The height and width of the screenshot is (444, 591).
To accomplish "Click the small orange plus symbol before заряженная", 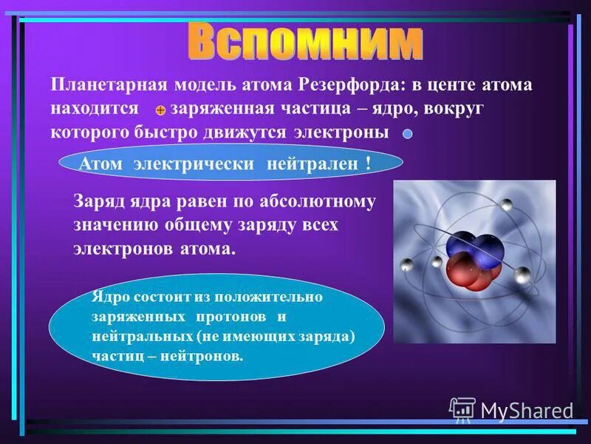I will point(160,110).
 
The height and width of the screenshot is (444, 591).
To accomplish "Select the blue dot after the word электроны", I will point(407,135).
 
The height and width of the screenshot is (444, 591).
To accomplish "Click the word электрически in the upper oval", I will point(194,164).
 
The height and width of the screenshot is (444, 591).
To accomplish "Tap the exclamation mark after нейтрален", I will point(367,164).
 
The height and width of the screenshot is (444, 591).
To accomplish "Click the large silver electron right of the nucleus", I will point(522,273).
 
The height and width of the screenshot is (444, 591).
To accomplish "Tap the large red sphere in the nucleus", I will point(461,271).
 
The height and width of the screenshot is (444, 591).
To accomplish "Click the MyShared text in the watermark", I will point(526,411).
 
